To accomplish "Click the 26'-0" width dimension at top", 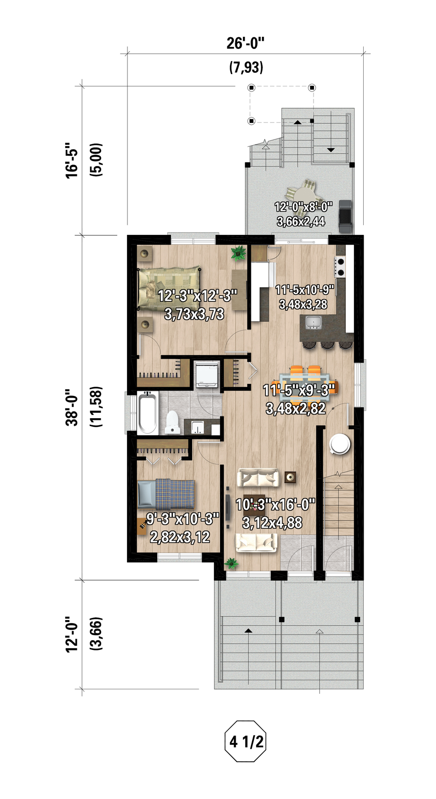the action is (x=246, y=43).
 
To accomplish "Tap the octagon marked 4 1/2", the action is (x=246, y=741).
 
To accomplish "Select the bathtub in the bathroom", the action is (x=147, y=412).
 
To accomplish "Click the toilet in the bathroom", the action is (x=172, y=422).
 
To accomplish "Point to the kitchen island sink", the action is (x=313, y=322).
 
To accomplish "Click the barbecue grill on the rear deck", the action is (x=345, y=216).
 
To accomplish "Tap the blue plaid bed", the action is (x=166, y=494).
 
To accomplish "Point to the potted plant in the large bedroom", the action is (x=238, y=253).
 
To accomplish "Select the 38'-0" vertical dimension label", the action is (x=72, y=407).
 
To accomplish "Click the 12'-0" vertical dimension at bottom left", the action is (x=72, y=634).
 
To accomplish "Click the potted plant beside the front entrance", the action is (x=231, y=564).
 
